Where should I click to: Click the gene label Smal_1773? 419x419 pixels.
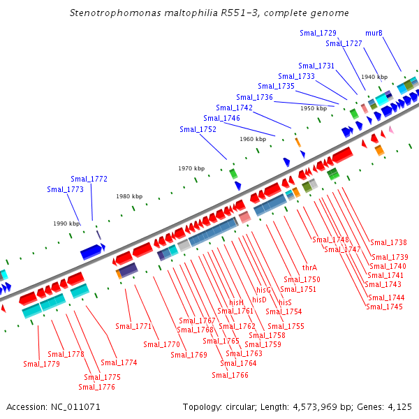coord(65,189)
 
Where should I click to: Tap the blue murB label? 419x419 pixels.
coord(374,33)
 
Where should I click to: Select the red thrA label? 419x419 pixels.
coord(309,267)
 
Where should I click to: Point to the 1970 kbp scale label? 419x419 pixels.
coord(191,168)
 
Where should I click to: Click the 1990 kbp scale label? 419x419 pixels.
coord(66,223)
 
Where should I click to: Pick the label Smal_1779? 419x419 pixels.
coord(41,364)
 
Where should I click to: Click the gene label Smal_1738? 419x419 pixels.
coord(388,242)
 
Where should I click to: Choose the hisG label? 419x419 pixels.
coord(263,290)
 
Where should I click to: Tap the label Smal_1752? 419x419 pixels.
coord(198,129)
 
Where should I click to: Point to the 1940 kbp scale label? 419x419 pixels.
coord(374,77)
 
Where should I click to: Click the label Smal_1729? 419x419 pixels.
coord(318,33)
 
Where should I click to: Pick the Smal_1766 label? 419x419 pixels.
coord(230,375)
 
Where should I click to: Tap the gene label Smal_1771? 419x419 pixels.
coord(134,326)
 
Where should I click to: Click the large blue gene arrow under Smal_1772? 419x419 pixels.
coord(92,251)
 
